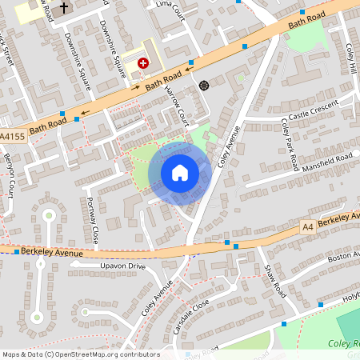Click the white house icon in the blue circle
pos(180,172)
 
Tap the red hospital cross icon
pos(143,62)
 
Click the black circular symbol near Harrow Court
pos(203,84)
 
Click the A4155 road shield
pos(12,137)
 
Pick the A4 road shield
pos(308,227)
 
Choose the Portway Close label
pos(93,221)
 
